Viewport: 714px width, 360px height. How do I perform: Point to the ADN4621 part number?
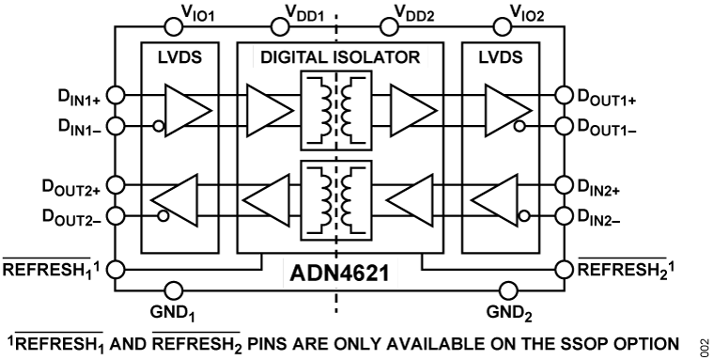point(334,278)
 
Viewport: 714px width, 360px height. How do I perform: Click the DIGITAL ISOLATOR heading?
point(333,58)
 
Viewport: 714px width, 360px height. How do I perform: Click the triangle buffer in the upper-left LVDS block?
point(187,108)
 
